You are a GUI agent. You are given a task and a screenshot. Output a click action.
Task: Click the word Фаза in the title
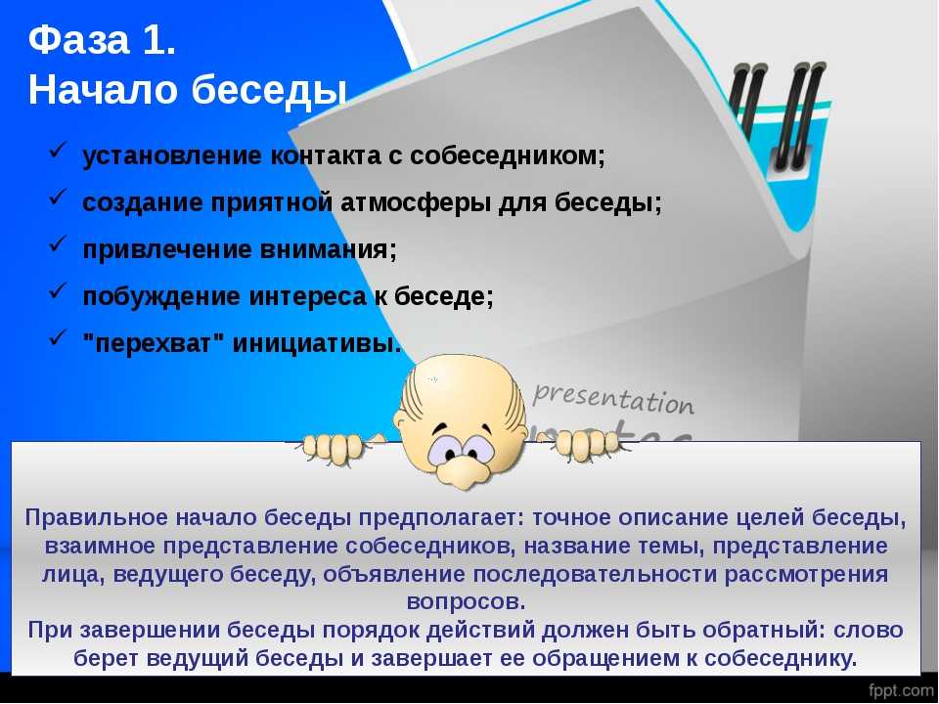78,40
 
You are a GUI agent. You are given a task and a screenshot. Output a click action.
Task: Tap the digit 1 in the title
154,40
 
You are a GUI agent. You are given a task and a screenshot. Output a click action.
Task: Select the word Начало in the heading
103,90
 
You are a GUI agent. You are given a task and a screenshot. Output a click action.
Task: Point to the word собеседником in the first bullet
508,155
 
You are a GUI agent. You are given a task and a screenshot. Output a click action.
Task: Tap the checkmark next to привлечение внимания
57,243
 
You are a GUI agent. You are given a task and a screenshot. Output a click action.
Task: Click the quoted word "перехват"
154,343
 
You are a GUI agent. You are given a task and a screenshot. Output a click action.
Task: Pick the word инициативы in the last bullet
316,343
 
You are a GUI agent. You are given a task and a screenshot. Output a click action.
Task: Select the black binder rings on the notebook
779,113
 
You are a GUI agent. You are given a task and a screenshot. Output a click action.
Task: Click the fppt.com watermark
900,689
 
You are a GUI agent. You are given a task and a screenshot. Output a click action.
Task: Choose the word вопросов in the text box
466,601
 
